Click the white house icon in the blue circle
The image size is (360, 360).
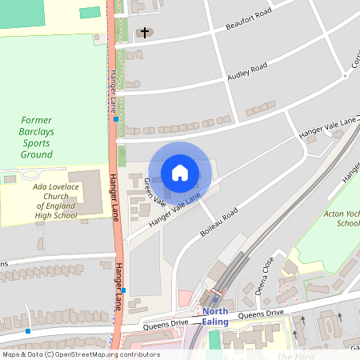(180, 173)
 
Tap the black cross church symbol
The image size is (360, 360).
(145, 33)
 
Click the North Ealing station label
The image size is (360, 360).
(215, 316)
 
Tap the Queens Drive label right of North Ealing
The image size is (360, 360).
(261, 314)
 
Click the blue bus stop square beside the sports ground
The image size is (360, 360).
(117, 119)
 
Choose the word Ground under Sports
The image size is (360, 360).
(36, 154)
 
